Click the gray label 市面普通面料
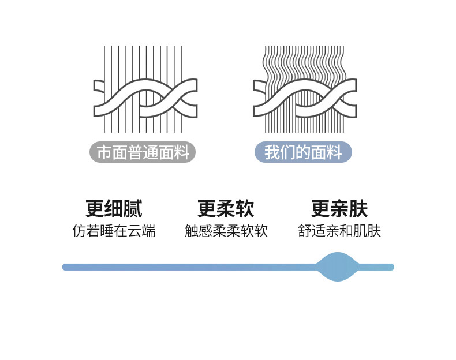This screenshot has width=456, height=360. point(143,152)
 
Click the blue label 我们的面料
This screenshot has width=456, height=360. point(303,152)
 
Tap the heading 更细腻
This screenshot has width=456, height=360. point(114,208)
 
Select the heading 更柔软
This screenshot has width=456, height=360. point(226,208)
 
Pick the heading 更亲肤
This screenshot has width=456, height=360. point(339,208)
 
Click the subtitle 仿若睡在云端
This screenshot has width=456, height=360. point(114,231)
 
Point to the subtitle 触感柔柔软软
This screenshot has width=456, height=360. point(226,231)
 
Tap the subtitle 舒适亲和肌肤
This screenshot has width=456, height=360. point(339,231)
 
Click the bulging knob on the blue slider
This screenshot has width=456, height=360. point(337,267)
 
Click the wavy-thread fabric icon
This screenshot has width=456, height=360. point(305,89)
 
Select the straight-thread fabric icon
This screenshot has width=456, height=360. point(145,89)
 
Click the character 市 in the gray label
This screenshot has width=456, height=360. point(104,152)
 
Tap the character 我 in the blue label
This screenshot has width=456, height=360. point(272,152)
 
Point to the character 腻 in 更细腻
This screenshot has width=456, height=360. point(133,208)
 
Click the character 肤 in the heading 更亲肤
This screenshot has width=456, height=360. point(358,208)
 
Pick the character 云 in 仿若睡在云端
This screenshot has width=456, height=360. point(134,231)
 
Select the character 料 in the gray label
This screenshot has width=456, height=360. point(181,152)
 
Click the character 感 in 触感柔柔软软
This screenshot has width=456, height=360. point(205,231)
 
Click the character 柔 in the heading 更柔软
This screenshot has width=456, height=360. point(226,208)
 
